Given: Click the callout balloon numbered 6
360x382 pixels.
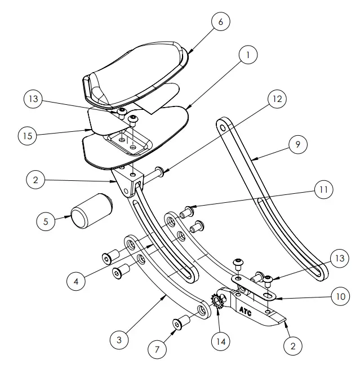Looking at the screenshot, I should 220,22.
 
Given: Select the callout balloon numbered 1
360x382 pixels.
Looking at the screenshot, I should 247,55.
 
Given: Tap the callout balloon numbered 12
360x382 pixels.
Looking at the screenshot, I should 275,99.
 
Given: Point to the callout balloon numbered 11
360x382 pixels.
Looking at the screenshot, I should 321,189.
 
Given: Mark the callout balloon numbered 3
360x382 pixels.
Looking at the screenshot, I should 119,340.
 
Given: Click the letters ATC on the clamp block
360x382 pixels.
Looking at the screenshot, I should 245,310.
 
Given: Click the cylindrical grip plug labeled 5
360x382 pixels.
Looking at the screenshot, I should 90,211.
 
